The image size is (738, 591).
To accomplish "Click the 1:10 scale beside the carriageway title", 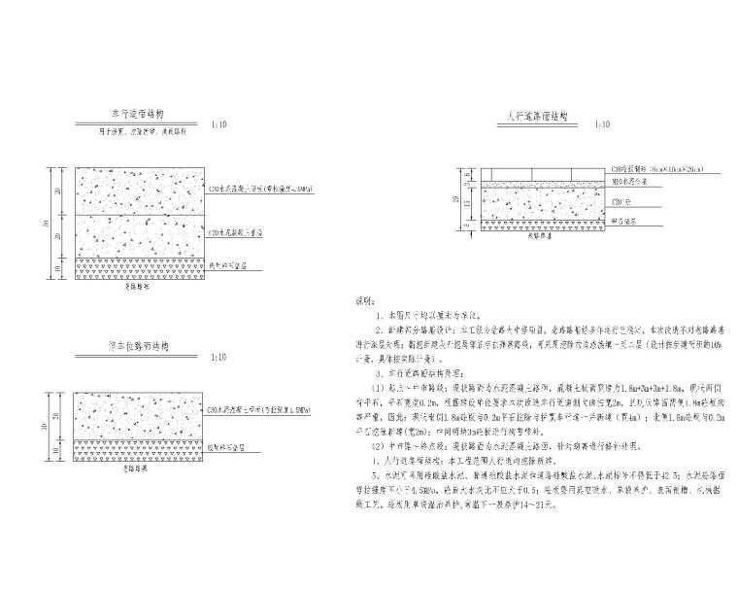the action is coord(219,125).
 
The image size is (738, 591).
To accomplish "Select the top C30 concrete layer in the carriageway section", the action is coord(140,191).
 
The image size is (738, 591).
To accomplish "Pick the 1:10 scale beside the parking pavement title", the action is coord(220,360).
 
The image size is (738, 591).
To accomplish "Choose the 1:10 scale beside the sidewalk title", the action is coord(603,125).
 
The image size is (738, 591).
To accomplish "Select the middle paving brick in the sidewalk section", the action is coord(539,181).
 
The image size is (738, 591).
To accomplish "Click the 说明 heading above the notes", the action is coord(362,303).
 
